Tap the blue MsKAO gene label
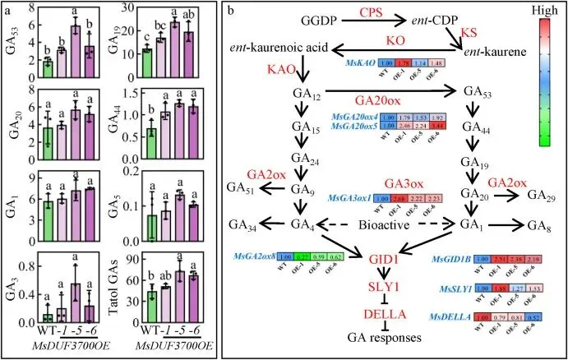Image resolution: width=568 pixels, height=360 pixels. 341,62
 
